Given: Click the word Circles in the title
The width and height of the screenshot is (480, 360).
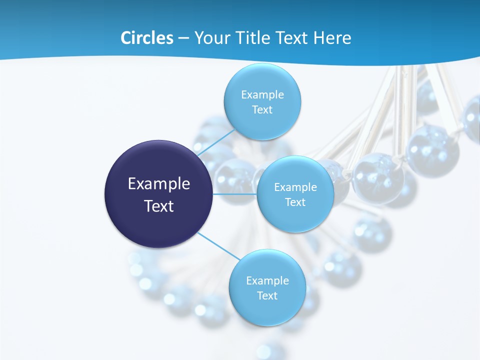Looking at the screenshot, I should [x=146, y=38].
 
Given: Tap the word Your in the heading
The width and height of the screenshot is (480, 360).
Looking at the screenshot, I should [x=210, y=38].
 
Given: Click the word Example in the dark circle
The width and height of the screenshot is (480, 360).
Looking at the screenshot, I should [x=159, y=184].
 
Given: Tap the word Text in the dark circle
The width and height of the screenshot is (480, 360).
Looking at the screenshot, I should [x=159, y=206].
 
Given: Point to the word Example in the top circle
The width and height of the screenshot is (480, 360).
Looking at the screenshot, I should [x=262, y=94].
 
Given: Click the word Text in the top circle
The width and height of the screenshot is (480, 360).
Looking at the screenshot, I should [x=262, y=109].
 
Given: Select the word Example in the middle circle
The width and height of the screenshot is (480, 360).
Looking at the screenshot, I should [x=295, y=187].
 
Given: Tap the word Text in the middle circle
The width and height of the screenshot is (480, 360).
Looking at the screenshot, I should [x=295, y=202].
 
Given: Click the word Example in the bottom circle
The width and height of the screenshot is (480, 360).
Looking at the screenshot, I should [x=267, y=280].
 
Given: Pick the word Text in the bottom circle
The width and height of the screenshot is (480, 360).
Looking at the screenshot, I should [x=267, y=295].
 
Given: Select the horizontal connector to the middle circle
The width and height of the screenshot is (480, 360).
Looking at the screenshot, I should [x=235, y=193].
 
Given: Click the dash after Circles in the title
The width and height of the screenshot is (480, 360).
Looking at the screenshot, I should [x=183, y=38].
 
